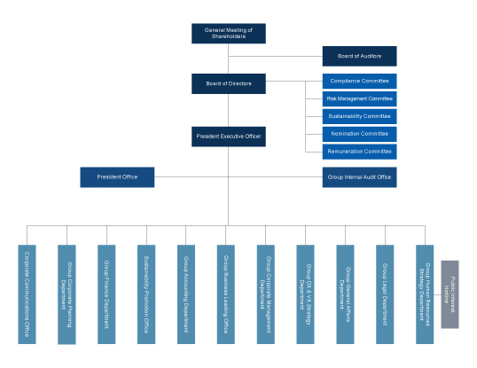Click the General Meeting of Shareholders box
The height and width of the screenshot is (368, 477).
click(x=228, y=33)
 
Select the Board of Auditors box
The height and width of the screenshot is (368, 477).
click(x=358, y=56)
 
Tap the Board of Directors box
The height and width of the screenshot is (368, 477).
click(x=228, y=84)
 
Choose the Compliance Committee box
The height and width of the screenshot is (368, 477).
click(x=358, y=81)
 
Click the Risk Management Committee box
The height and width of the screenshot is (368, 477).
click(x=358, y=98)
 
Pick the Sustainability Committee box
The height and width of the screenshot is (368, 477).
click(x=358, y=116)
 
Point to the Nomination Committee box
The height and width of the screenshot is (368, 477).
click(x=358, y=134)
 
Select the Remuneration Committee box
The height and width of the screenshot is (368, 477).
click(x=358, y=152)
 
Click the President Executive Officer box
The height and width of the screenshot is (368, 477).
click(x=228, y=137)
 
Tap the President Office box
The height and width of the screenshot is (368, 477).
click(x=117, y=176)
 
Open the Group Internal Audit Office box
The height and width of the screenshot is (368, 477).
click(x=358, y=176)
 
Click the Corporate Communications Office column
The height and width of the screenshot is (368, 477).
click(x=27, y=294)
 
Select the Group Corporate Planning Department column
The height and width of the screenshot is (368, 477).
click(x=66, y=294)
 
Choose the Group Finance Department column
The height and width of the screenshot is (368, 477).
click(x=106, y=294)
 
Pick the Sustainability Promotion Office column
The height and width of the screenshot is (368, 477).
click(x=146, y=294)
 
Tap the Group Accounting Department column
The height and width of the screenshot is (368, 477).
click(x=186, y=294)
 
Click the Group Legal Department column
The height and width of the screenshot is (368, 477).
click(x=386, y=294)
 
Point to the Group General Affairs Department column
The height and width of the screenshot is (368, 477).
click(x=346, y=294)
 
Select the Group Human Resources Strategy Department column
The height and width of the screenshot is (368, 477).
click(x=426, y=294)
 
